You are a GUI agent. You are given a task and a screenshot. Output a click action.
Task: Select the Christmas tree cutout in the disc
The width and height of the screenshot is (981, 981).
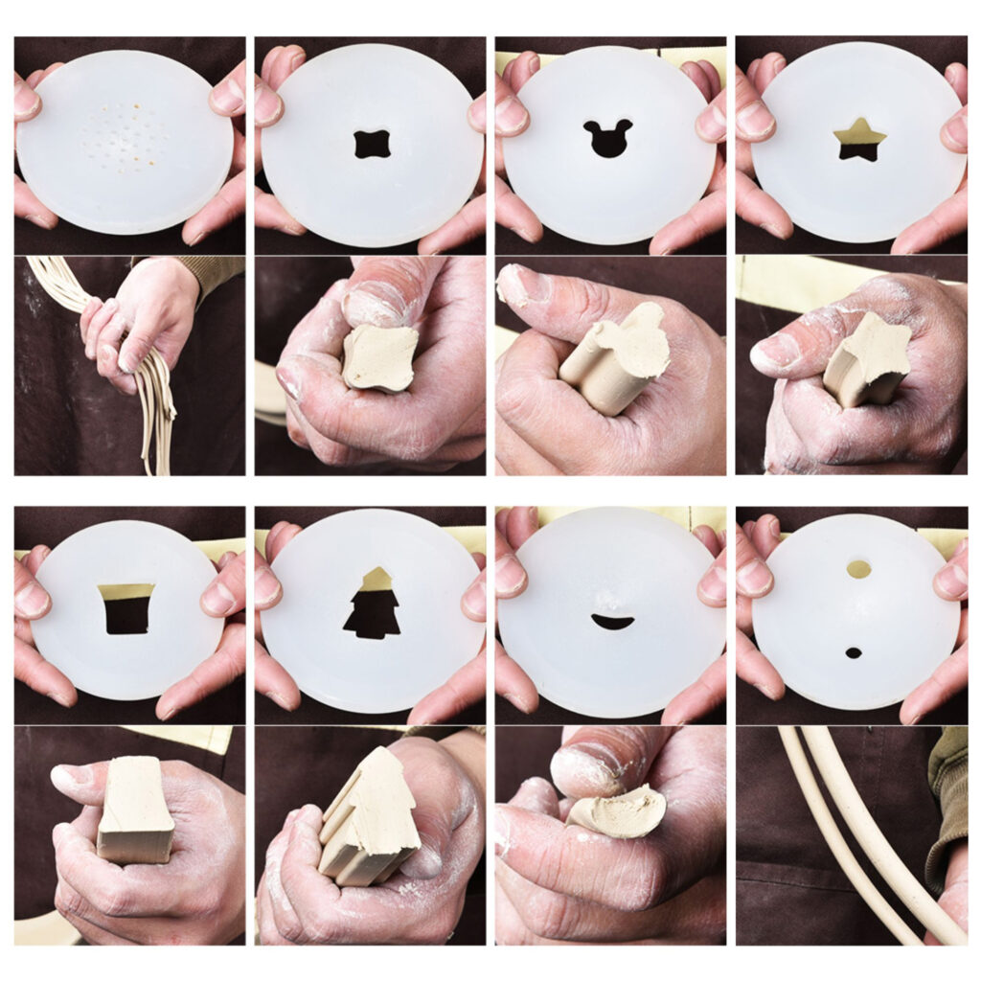click(x=373, y=605)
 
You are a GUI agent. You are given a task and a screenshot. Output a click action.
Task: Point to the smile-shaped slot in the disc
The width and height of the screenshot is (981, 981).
click(x=612, y=622)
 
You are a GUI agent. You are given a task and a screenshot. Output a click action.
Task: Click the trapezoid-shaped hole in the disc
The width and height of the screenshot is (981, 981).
click(x=126, y=607)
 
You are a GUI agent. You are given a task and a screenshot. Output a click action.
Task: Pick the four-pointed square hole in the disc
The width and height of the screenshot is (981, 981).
click(x=372, y=144)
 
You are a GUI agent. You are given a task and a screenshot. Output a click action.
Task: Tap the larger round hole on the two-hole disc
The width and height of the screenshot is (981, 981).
click(x=858, y=569)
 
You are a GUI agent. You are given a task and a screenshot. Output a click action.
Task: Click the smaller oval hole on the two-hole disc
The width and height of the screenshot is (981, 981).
click(x=853, y=652)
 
